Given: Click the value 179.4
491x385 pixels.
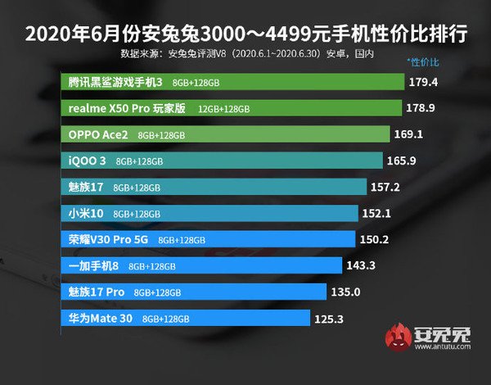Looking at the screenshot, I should tap(428, 83).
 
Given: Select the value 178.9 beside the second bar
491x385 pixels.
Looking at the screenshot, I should tap(422, 108).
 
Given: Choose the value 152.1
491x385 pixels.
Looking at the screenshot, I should tap(378, 213).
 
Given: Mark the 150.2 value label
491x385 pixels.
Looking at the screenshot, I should tap(375, 239).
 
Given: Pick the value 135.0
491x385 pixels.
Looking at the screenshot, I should tap(342, 292).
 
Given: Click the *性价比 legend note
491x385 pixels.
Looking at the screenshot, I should tap(423, 62).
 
